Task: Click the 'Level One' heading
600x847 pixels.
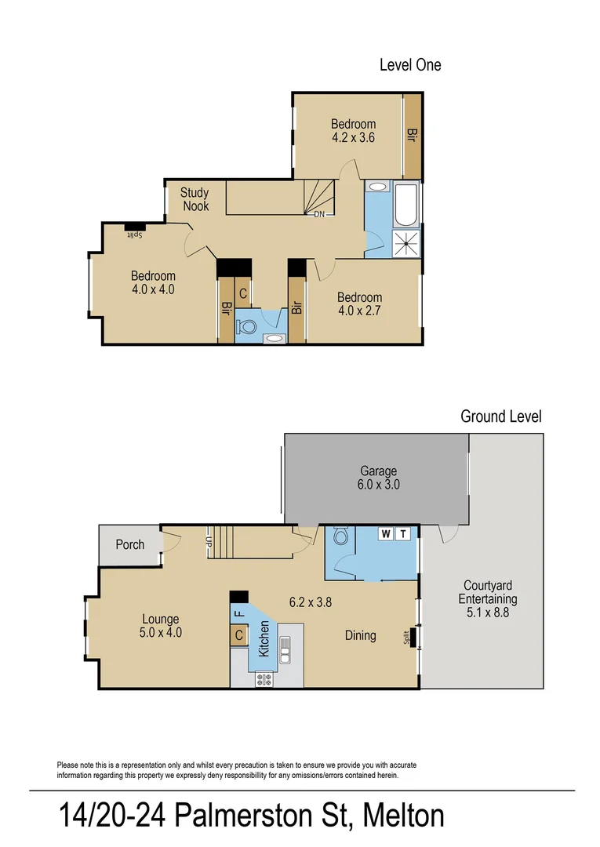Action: click(409, 65)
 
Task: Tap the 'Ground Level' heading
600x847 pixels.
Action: click(500, 416)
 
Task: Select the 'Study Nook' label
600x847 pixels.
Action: click(195, 199)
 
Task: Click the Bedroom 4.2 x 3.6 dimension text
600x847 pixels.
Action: click(353, 137)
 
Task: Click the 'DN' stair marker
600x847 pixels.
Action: click(319, 213)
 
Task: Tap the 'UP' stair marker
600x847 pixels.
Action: click(209, 540)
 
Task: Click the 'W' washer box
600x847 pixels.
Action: click(386, 534)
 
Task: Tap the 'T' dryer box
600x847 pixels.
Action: click(403, 534)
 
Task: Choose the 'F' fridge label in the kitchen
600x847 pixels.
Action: click(239, 612)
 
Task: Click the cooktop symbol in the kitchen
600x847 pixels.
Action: click(264, 679)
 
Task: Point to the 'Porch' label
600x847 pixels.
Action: click(129, 544)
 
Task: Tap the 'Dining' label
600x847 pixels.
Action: click(360, 635)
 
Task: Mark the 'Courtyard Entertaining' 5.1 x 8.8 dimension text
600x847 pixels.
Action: click(489, 613)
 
